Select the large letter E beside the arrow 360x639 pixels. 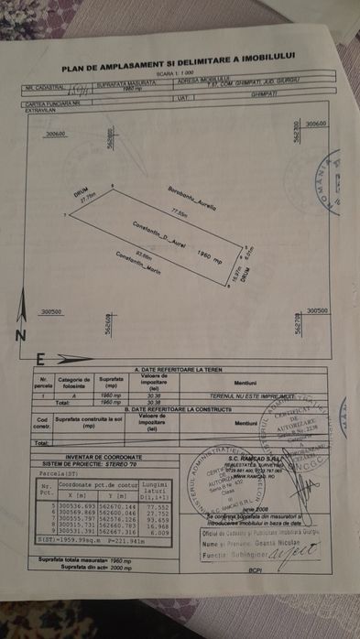pyautogui.click(x=39, y=357)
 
